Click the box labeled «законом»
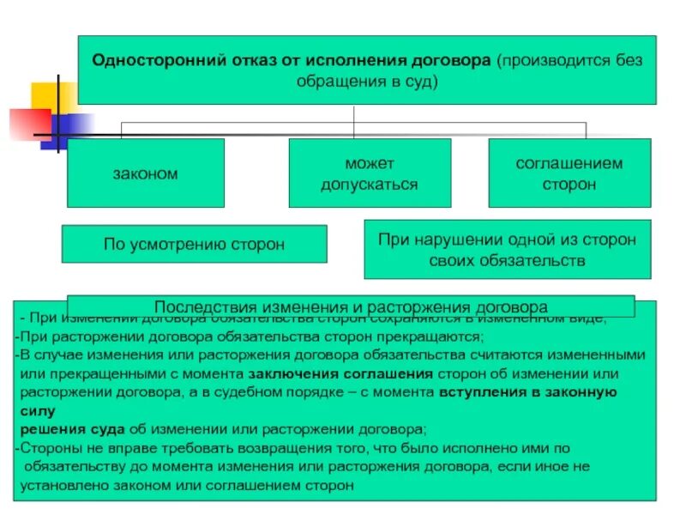[145, 173]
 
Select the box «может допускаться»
[370, 173]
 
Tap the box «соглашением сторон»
[557, 173]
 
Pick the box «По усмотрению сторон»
[194, 244]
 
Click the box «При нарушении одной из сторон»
[507, 249]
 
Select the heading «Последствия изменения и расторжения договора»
[350, 306]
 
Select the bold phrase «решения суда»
[72, 428]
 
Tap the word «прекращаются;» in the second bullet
[442, 336]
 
